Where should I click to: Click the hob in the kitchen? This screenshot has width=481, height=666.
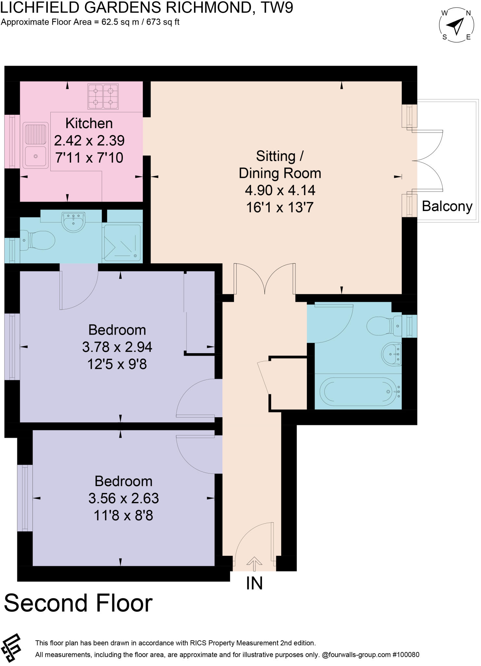103,96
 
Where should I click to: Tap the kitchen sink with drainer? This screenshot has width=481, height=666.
36,145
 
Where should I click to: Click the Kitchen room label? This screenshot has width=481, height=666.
89,124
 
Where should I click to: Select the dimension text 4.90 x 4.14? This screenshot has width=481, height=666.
280,190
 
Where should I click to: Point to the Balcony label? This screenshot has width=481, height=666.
447,206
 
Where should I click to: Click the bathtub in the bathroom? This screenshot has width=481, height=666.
357,392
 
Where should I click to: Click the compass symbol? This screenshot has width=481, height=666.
456,25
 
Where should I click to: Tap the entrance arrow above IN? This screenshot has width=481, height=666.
254,564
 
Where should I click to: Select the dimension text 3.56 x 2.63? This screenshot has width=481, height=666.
123,498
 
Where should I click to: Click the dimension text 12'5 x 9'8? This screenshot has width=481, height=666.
117,364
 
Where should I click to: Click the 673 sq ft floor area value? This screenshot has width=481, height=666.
163,22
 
